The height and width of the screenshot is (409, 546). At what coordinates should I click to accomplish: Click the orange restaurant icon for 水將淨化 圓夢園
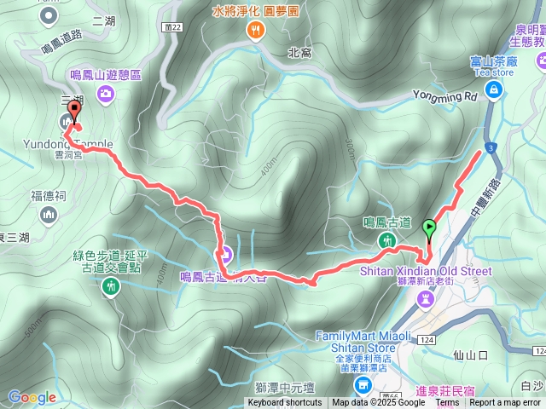coord(255,32)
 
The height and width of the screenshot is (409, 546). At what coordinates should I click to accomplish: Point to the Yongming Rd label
coord(444,96)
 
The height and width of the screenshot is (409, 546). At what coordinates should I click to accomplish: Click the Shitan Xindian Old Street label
coord(444,272)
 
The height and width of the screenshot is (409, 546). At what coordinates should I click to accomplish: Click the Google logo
coord(32,397)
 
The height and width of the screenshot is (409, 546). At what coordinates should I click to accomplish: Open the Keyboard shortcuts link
coord(285,403)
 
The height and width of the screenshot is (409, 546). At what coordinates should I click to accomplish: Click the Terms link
coord(447,403)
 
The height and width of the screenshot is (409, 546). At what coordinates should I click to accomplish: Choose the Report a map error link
coord(506,403)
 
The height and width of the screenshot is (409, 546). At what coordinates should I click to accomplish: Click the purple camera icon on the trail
coord(227,253)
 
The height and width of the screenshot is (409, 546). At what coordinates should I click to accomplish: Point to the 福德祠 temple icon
coord(48,214)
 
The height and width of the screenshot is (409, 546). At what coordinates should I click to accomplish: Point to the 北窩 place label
coord(300,53)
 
